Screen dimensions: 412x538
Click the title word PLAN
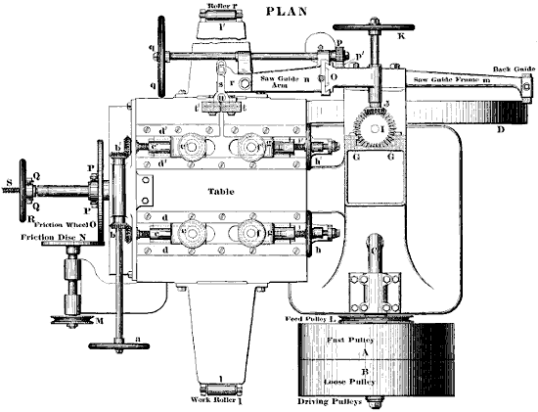click(x=297, y=13)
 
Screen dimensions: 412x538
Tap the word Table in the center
click(x=226, y=193)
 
